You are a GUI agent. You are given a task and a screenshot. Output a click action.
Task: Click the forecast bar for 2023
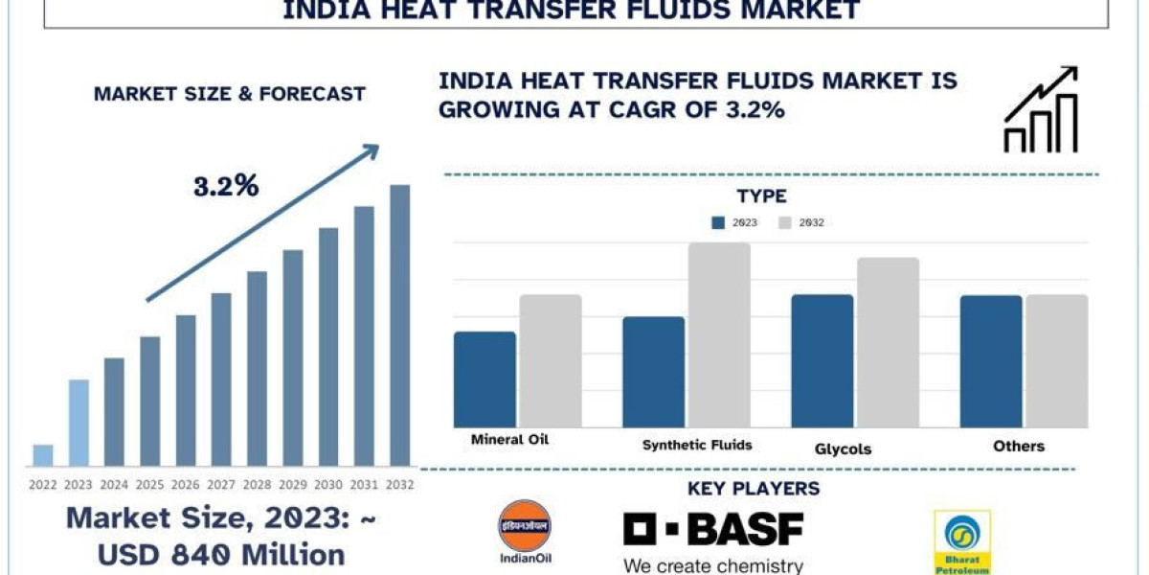79,423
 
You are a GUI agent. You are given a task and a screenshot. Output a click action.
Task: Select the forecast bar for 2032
400,325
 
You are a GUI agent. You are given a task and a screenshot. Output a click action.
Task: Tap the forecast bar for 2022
43,455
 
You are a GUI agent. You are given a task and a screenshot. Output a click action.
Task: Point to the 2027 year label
221,484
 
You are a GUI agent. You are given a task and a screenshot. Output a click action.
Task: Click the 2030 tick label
328,484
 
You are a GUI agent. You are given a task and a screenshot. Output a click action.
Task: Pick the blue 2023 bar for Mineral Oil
484,379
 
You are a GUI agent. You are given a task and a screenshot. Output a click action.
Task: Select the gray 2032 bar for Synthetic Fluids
719,334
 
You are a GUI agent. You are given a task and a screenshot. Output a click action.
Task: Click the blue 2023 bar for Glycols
822,360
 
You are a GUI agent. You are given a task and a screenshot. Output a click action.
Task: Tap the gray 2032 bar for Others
1057,360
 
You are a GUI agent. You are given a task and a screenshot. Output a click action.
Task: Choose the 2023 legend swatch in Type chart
718,222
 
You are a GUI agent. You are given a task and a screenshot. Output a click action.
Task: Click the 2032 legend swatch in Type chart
784,222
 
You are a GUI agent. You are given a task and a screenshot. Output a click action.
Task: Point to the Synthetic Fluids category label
697,445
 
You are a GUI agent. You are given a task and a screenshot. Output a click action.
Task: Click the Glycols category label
843,448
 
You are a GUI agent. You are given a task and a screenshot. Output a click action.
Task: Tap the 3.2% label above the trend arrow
226,186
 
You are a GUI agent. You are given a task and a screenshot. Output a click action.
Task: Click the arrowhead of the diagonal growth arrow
371,150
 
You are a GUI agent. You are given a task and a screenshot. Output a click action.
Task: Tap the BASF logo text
713,529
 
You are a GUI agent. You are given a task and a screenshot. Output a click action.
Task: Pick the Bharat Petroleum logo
962,542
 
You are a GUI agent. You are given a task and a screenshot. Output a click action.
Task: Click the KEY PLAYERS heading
754,489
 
